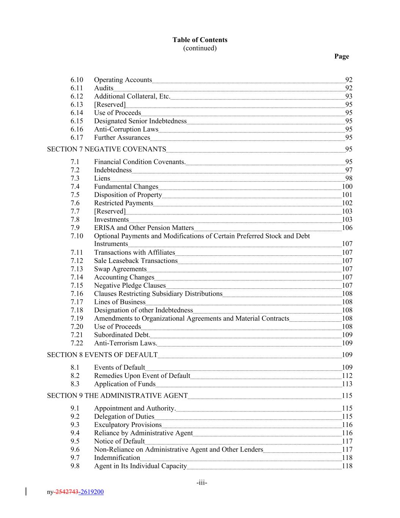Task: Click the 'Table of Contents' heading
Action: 200,40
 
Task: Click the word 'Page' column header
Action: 341,56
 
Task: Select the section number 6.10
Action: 77,80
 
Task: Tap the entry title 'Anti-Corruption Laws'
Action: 126,129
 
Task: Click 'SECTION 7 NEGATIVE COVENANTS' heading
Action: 107,149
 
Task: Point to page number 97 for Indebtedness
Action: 348,170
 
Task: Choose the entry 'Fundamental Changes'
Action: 126,187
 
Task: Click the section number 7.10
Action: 77,236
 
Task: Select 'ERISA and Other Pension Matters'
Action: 144,228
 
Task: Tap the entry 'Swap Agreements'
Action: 120,269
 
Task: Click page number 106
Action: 347,228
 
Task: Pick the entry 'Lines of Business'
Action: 119,302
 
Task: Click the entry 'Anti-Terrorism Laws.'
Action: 125,343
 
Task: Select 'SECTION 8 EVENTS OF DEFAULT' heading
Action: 102,355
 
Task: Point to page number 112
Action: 347,376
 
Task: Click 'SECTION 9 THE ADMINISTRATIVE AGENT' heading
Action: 117,395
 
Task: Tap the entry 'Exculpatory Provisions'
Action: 128,425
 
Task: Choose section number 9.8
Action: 75,466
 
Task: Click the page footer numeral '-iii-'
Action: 202,483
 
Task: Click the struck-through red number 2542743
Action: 66,492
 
